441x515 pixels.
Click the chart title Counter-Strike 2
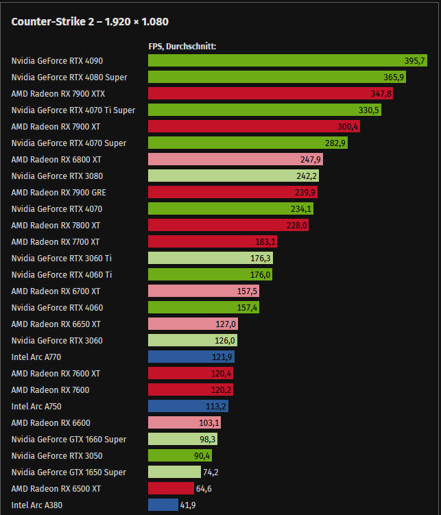click(x=90, y=21)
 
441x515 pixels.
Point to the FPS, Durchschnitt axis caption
click(x=182, y=47)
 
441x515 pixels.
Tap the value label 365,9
click(x=394, y=77)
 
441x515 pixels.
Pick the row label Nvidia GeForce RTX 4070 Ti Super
click(x=73, y=110)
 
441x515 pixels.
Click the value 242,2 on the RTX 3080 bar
click(x=306, y=176)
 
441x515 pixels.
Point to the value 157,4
click(x=247, y=308)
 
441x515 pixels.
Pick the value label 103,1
click(x=208, y=423)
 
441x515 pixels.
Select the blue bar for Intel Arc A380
click(x=163, y=505)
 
